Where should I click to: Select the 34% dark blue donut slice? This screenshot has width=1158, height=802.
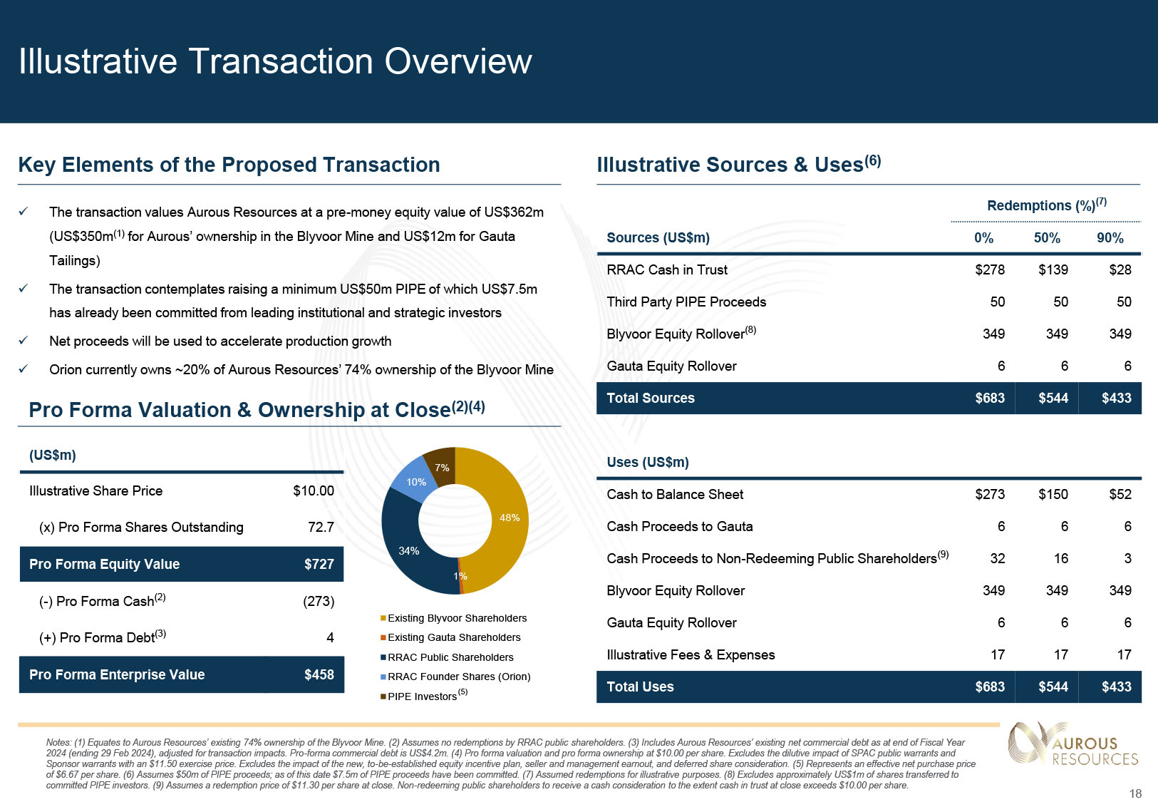point(408,550)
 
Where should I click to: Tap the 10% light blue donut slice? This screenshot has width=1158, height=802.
point(415,482)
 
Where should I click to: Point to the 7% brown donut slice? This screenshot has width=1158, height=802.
point(442,467)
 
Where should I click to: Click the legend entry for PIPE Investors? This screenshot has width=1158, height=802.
point(422,696)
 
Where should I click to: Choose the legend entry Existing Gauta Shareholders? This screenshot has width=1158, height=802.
point(454,637)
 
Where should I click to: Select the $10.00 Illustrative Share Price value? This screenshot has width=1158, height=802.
point(313,490)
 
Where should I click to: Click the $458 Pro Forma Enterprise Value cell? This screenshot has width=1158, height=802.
point(319,674)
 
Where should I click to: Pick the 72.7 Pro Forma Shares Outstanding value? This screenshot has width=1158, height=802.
point(321,527)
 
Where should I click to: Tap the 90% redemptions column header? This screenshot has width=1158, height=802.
point(1110,238)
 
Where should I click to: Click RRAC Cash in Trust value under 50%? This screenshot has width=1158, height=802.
point(1053,269)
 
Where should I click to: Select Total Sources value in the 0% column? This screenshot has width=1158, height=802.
point(989,398)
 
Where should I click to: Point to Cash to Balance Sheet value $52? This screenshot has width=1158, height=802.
point(1120,494)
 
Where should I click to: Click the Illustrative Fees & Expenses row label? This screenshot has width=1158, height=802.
point(690,654)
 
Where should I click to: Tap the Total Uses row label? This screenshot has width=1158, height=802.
point(639,687)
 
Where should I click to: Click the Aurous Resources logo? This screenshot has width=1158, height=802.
point(1073,744)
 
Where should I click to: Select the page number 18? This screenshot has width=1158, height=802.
point(1135,793)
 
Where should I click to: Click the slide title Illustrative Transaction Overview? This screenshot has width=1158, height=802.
point(275,61)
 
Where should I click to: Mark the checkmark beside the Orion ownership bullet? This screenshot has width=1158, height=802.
point(24,369)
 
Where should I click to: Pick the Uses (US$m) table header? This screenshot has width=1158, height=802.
point(647,462)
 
